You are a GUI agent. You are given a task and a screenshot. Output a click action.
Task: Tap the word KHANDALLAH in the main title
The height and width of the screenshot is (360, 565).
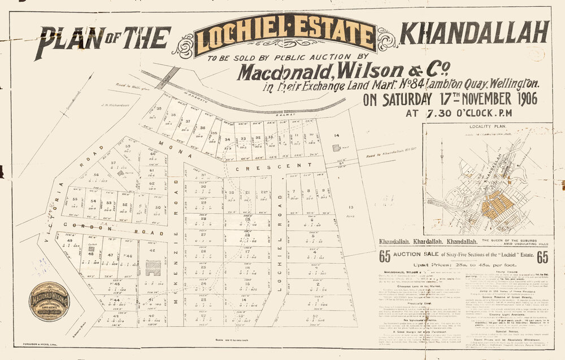point(474,33)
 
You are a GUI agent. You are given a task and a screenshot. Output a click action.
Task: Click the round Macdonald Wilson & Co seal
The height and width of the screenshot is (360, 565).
point(49,301)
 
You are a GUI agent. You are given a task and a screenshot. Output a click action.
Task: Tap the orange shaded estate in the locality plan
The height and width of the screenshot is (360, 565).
point(496,204)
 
